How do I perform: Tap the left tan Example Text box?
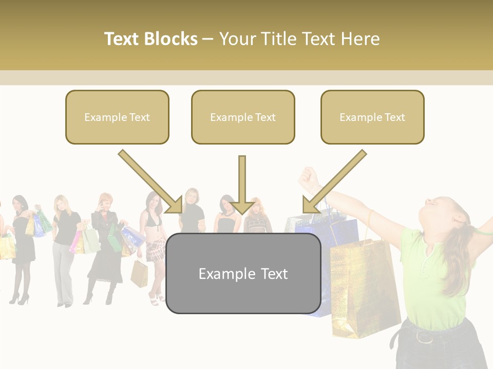[117, 117]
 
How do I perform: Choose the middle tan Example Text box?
[243, 117]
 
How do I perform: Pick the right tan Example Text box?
[372, 117]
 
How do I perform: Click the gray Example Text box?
[243, 273]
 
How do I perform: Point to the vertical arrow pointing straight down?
[242, 184]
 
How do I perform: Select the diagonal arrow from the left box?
[150, 181]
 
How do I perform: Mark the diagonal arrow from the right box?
[334, 181]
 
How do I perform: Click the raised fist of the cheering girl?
[308, 177]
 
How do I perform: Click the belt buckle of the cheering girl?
[424, 337]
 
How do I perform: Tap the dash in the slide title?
[208, 39]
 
